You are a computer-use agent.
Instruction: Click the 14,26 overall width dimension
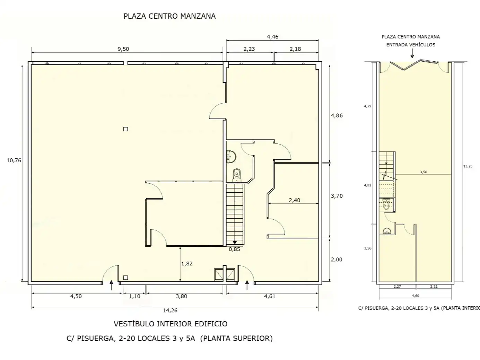(x=170, y=310)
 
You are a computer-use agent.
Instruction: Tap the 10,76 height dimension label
(x=14, y=160)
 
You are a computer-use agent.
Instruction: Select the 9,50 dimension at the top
(x=123, y=49)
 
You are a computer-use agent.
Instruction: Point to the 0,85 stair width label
(x=234, y=249)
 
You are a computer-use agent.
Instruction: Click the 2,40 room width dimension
(x=295, y=200)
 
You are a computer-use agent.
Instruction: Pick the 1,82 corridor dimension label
(x=187, y=264)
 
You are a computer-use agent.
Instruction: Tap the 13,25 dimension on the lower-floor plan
(x=468, y=166)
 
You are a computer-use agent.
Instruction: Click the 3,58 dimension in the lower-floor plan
(x=424, y=172)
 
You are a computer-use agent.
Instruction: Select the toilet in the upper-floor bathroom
(x=236, y=175)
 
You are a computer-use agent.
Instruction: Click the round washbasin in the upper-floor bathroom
(x=232, y=157)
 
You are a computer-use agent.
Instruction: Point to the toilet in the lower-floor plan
(x=386, y=204)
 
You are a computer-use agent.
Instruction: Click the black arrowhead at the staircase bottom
(x=235, y=242)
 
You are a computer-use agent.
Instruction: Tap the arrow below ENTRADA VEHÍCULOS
(x=412, y=53)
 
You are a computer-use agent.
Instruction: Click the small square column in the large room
(x=125, y=129)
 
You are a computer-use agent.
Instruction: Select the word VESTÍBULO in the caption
(x=134, y=324)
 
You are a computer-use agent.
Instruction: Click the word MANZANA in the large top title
(x=198, y=16)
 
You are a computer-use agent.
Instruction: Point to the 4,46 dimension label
(x=272, y=37)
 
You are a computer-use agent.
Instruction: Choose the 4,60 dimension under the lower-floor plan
(x=416, y=296)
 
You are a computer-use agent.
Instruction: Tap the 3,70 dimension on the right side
(x=337, y=196)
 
